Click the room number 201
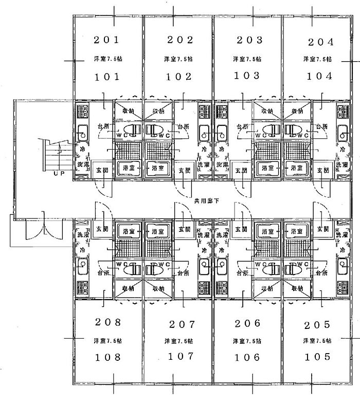107,40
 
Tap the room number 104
319,77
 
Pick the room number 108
107,357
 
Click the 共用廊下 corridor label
206,200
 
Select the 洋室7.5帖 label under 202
179,59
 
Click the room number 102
179,77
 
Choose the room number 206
248,323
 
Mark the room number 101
107,77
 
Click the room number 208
107,323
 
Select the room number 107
179,356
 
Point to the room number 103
248,76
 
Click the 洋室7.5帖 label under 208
107,341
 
